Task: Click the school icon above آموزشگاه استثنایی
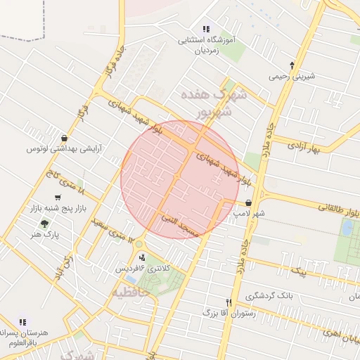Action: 206,29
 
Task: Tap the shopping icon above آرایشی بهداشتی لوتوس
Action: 65,139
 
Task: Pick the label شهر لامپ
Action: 250,212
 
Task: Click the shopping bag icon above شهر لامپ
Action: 249,202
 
